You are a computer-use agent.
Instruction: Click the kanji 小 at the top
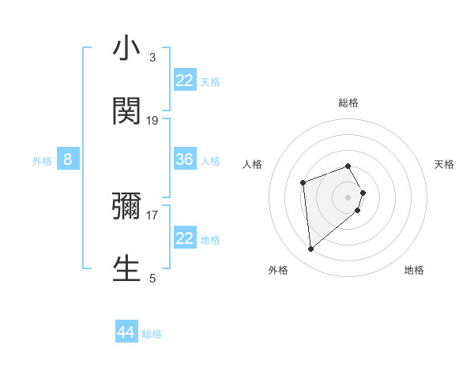(x=126, y=49)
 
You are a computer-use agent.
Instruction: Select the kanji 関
(x=126, y=111)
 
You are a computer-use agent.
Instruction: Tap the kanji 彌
(x=126, y=206)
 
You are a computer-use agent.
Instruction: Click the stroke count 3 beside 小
(x=152, y=58)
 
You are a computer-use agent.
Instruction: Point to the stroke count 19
(x=152, y=120)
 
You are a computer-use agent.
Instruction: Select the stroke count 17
(x=152, y=214)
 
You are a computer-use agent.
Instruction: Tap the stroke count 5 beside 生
(x=152, y=277)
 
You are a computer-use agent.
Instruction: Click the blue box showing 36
(x=185, y=159)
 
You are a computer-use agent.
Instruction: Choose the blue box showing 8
(x=68, y=159)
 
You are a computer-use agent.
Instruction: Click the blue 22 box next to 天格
(x=185, y=81)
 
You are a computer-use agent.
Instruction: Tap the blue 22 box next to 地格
(x=185, y=238)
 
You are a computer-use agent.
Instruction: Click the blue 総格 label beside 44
(x=152, y=334)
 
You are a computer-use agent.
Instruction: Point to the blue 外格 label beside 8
(x=42, y=161)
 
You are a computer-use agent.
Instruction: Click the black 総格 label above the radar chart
(x=348, y=103)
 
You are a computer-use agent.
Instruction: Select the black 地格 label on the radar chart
(x=414, y=270)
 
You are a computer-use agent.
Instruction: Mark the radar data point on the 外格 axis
(x=311, y=249)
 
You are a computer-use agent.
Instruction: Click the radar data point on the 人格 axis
(x=303, y=183)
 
